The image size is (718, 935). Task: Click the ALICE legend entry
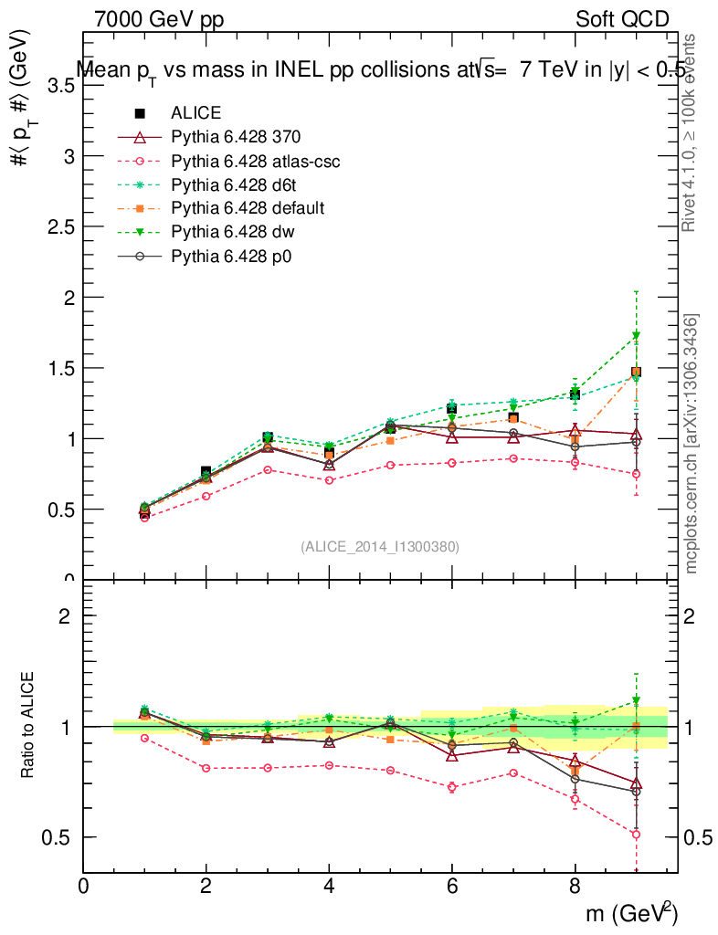pos(195,113)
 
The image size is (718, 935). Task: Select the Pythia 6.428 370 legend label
pos(236,137)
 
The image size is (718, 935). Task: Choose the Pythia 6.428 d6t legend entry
pos(233,184)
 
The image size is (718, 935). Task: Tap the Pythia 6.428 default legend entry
pos(248,208)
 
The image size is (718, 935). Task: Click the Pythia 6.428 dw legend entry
pos(232,232)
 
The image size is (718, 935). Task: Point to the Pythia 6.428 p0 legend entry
pos(231,256)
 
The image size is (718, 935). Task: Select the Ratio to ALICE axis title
pos(30,726)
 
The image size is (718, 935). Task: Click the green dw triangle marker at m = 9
pos(636,336)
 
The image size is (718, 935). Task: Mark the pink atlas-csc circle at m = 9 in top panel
pos(636,474)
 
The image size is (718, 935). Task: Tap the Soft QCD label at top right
pos(622,19)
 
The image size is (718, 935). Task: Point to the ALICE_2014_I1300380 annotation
pos(380,546)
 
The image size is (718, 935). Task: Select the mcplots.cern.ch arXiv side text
pos(692,444)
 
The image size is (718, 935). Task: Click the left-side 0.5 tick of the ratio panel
pos(60,837)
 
